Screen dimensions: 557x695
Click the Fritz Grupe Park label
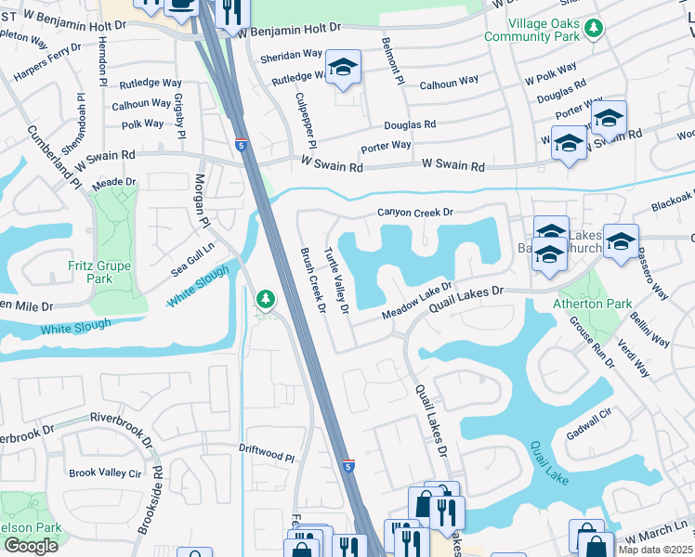tap(99, 272)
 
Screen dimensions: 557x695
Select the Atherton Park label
tap(592, 304)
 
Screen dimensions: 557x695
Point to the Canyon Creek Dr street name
tap(414, 213)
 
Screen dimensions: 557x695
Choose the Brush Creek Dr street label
tap(310, 279)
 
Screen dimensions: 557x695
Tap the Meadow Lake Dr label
tap(417, 303)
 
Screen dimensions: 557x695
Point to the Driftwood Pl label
tap(266, 457)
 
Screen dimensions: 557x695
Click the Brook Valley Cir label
tap(105, 473)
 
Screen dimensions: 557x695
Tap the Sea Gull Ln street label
tap(191, 259)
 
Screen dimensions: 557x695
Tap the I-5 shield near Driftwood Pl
tap(347, 465)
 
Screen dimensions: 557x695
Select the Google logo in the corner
tap(31, 546)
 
